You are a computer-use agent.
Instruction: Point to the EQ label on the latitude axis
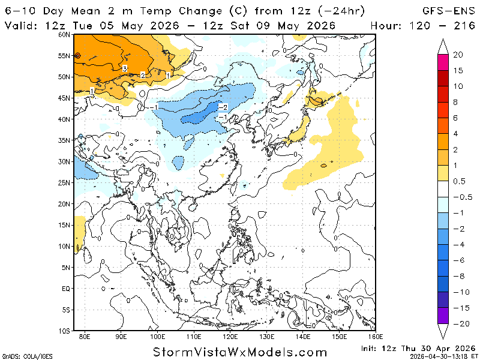click(x=67, y=289)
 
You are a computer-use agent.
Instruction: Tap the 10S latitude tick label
click(x=65, y=331)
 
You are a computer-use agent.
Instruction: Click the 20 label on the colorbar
click(x=457, y=55)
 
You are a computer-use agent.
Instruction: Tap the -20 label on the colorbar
click(x=459, y=324)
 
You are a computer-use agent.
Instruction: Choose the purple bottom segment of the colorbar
click(x=443, y=316)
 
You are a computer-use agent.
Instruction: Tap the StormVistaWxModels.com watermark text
click(x=240, y=352)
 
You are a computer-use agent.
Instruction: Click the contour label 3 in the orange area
click(x=124, y=68)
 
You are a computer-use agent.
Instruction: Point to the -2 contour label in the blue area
click(x=222, y=107)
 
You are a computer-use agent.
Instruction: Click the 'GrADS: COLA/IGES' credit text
click(x=28, y=355)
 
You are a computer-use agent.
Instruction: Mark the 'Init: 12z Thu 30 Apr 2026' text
click(x=419, y=348)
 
